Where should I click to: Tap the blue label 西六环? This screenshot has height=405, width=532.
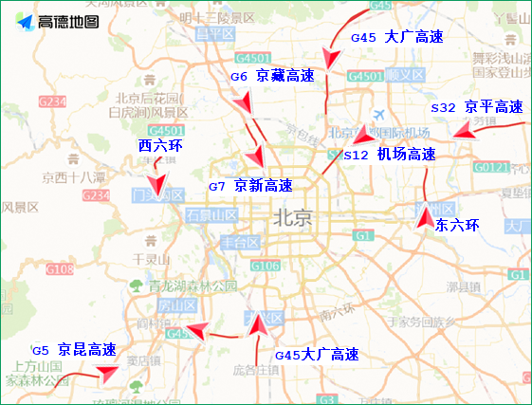[x=159, y=146]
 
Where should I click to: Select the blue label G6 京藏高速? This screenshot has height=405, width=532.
[x=272, y=76]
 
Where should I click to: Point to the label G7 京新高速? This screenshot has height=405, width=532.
[x=250, y=186]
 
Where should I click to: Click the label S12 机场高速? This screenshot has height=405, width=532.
[x=389, y=154]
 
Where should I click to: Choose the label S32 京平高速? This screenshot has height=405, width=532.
[x=476, y=107]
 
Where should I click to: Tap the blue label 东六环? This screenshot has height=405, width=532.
[x=457, y=226]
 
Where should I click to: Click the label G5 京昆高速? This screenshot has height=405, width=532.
[x=74, y=350]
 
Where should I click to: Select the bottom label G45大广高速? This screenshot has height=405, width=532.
[x=317, y=355]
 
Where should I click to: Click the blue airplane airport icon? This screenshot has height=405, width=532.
[x=379, y=114]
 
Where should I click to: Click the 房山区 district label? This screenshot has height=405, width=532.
[x=175, y=305]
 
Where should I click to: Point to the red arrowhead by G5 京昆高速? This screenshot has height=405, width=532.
[x=107, y=373]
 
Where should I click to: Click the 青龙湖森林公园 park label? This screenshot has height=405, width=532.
[x=193, y=285]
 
